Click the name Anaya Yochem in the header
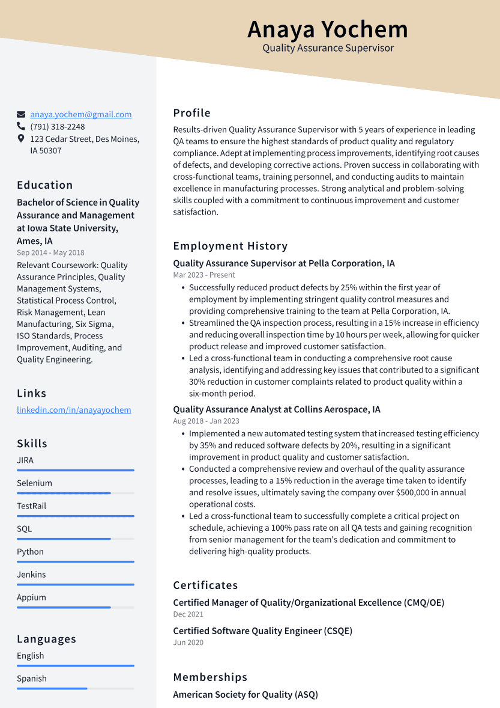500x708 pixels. [x=327, y=29]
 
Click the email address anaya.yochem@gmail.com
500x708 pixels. [x=81, y=114]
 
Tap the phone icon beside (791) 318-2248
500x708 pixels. [x=21, y=127]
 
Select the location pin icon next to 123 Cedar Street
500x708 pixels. [x=21, y=139]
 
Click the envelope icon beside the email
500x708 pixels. [x=21, y=114]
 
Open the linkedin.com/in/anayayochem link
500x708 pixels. [x=74, y=410]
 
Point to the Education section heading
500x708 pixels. [x=45, y=185]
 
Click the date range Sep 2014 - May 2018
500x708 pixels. [x=50, y=253]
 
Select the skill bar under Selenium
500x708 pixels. [x=75, y=493]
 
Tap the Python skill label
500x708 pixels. [x=30, y=552]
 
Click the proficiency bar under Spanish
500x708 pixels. [x=75, y=688]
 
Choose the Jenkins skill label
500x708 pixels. [x=31, y=575]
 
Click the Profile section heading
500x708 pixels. [x=191, y=113]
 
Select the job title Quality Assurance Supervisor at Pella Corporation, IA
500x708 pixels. [x=284, y=263]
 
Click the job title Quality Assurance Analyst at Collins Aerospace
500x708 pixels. [x=277, y=409]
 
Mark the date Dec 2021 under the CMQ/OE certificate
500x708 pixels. [x=188, y=614]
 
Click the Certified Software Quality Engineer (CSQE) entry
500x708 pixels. [x=262, y=631]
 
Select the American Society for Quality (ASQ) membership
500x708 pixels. [x=245, y=695]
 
